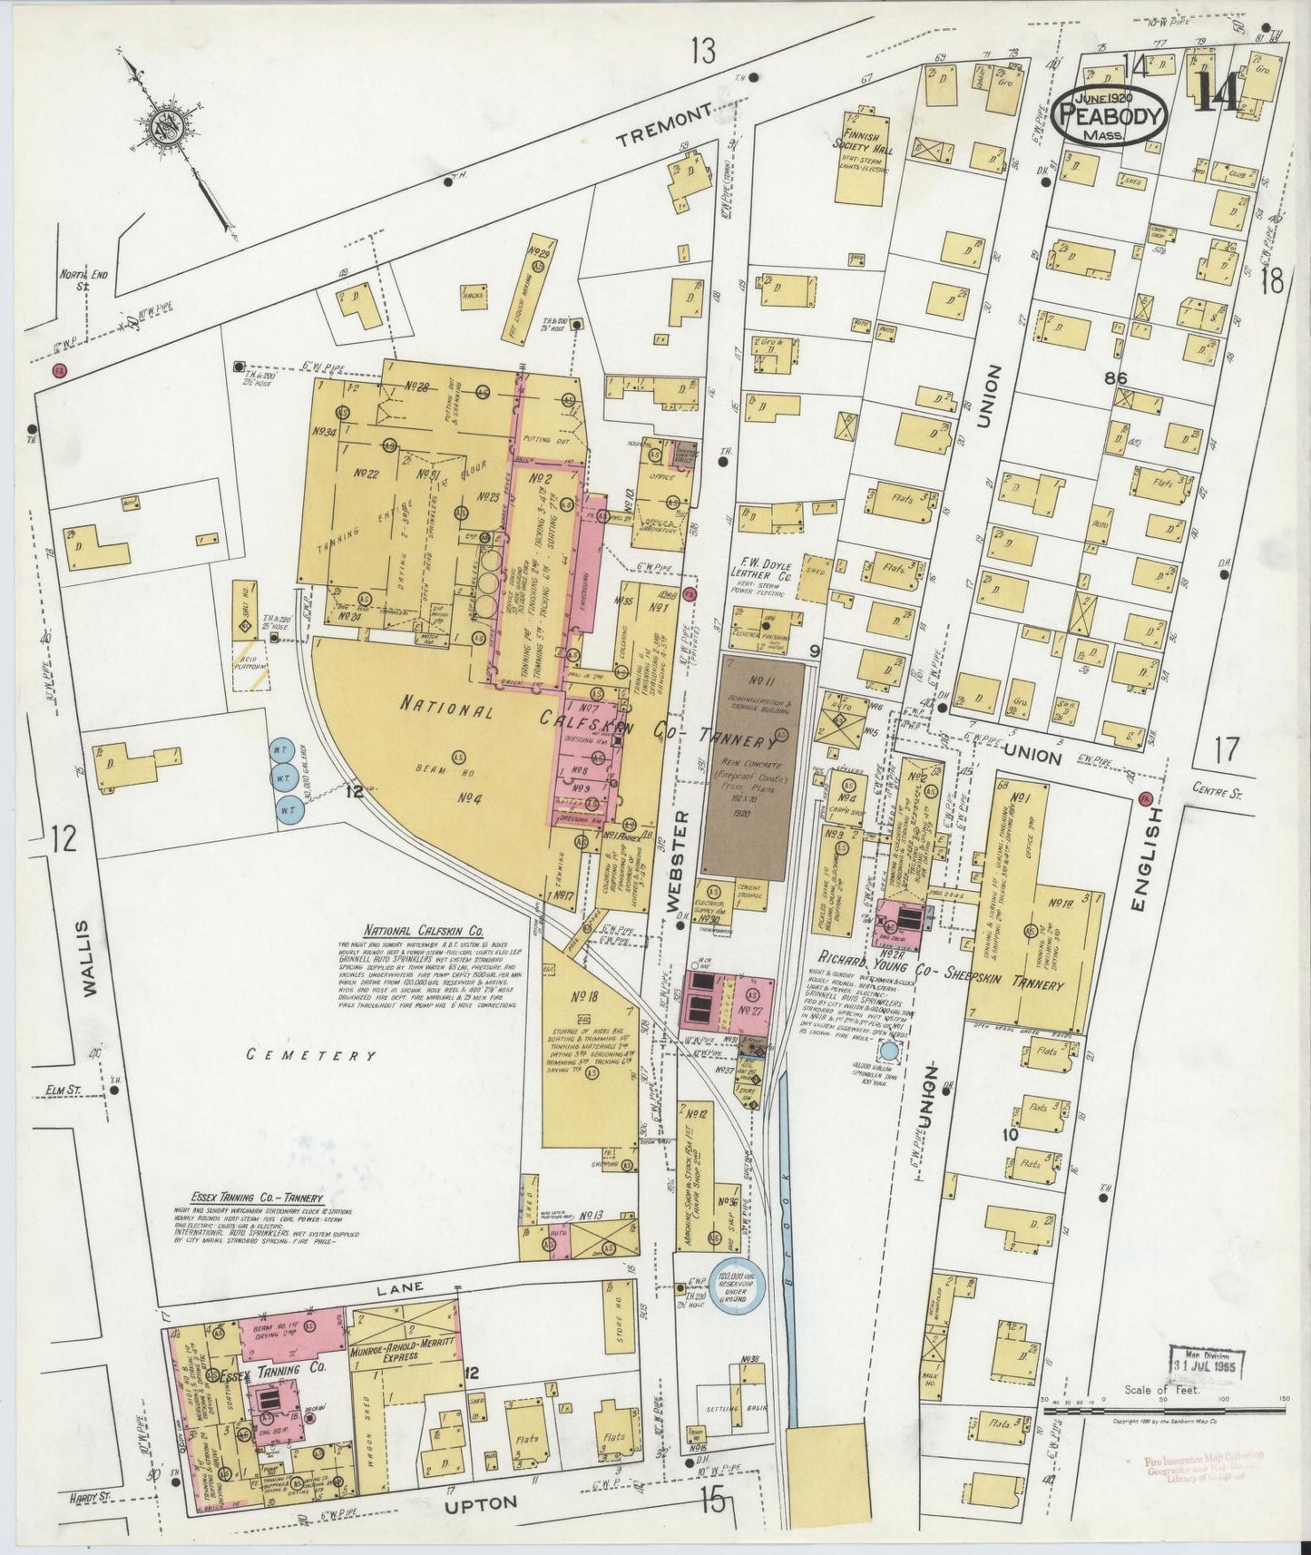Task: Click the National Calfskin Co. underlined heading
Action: point(425,931)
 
